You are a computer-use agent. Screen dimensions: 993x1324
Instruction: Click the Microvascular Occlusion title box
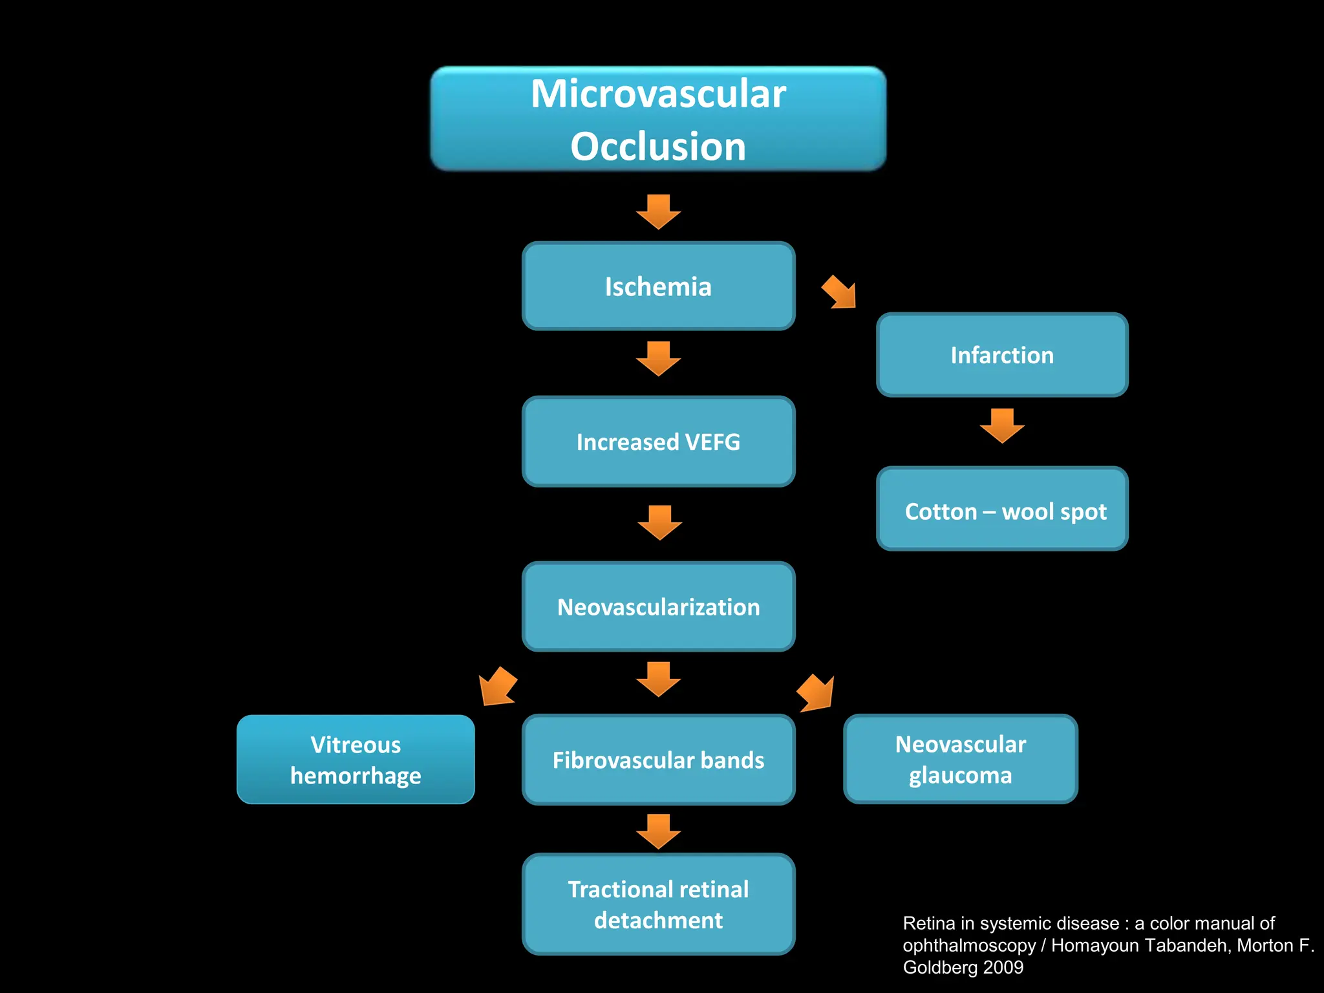[x=658, y=119]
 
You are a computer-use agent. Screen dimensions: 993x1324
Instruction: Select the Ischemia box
[x=658, y=286]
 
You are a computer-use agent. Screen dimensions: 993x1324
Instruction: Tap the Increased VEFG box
[x=658, y=442]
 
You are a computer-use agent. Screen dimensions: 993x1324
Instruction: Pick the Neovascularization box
[x=658, y=606]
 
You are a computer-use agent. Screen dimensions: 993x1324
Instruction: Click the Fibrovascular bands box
[x=658, y=760]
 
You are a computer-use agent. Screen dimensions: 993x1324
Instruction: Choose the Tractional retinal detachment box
[x=658, y=904]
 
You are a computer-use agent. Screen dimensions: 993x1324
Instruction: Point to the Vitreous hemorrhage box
[x=356, y=760]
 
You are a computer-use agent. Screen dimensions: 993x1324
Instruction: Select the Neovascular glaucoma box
[x=961, y=759]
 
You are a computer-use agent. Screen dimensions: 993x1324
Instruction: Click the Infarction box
[x=1002, y=355]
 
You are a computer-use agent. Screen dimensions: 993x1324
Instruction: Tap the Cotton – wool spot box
[x=1002, y=509]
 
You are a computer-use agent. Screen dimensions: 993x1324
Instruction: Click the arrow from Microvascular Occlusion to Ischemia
[x=658, y=212]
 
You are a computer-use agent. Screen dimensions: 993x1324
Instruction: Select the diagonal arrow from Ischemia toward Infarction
[x=840, y=292]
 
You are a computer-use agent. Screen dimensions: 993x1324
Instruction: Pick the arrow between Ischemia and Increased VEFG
[x=658, y=359]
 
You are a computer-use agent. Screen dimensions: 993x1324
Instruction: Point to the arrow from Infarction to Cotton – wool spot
[x=1002, y=425]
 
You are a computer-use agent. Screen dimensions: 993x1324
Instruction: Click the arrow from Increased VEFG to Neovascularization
[x=659, y=522]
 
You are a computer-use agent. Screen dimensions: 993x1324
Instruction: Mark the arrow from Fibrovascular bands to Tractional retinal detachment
[x=658, y=831]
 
